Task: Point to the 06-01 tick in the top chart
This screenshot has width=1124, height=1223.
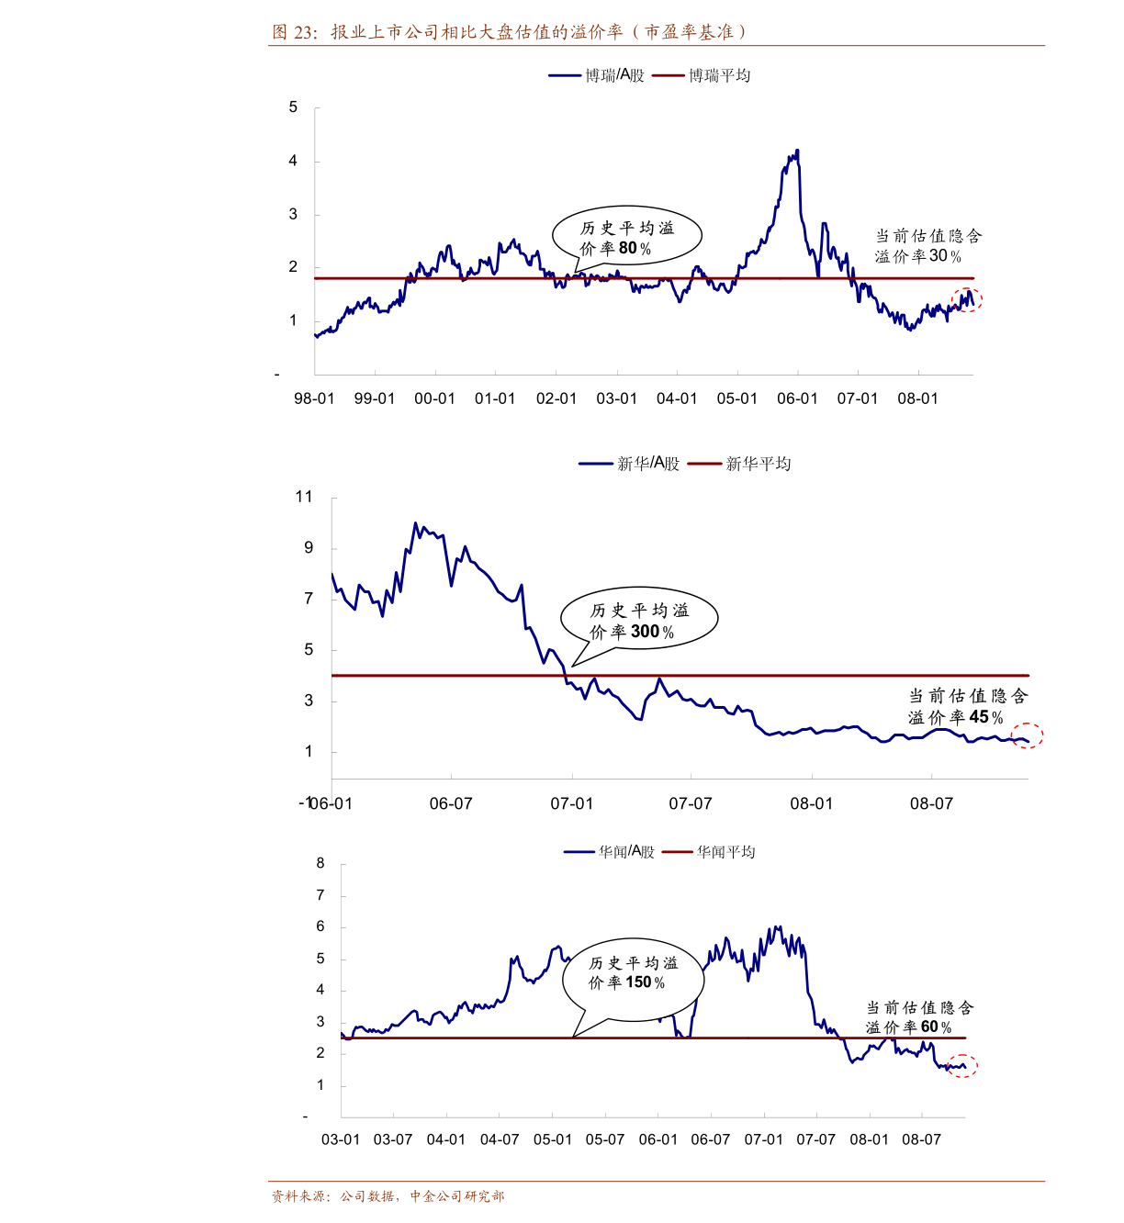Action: (797, 398)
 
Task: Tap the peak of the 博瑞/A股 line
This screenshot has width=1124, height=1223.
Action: (797, 151)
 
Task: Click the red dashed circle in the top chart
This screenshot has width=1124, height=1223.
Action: (967, 299)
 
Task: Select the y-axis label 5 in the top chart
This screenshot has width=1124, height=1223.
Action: (293, 107)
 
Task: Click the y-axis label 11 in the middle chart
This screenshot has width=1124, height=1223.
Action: (304, 497)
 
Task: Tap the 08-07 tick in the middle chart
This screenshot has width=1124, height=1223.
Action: (931, 803)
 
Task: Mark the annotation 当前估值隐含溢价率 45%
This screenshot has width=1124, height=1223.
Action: (968, 706)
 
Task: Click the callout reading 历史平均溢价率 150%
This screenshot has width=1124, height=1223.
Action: (633, 972)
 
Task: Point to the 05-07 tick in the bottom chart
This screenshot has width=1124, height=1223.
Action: (605, 1139)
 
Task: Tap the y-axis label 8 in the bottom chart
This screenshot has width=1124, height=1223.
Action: (320, 863)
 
